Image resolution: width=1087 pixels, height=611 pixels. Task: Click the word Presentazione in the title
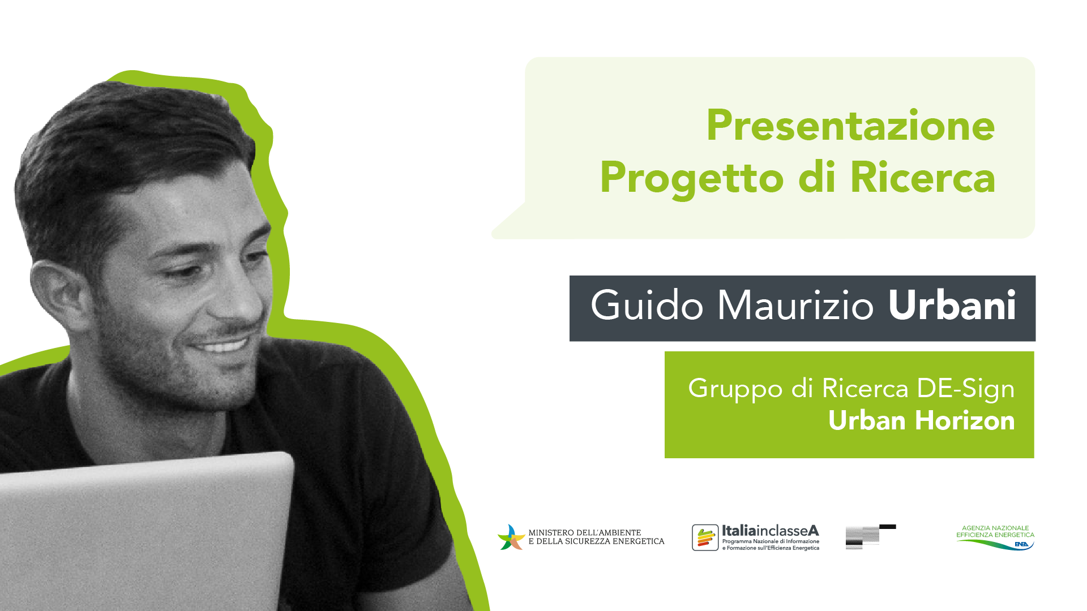tap(850, 126)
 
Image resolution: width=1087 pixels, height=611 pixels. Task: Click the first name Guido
tap(647, 305)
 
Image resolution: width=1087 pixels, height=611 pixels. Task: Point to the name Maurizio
tap(796, 305)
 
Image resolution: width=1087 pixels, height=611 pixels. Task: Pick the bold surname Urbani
tap(952, 305)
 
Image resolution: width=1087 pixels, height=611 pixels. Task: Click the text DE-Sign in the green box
tap(966, 389)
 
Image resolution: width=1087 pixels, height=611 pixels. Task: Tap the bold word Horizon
tap(965, 420)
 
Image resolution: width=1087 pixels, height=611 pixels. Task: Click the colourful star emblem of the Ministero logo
tap(511, 537)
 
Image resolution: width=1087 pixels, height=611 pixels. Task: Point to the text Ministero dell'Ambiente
tap(585, 532)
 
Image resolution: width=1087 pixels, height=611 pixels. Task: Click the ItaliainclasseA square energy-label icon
tap(705, 537)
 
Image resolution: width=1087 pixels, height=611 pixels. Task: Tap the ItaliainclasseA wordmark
tap(771, 531)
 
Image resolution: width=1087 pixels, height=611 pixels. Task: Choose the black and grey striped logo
tap(871, 536)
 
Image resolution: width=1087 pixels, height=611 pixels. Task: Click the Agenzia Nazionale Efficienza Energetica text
tap(995, 531)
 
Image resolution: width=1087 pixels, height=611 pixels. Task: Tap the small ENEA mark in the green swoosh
tap(1022, 544)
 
